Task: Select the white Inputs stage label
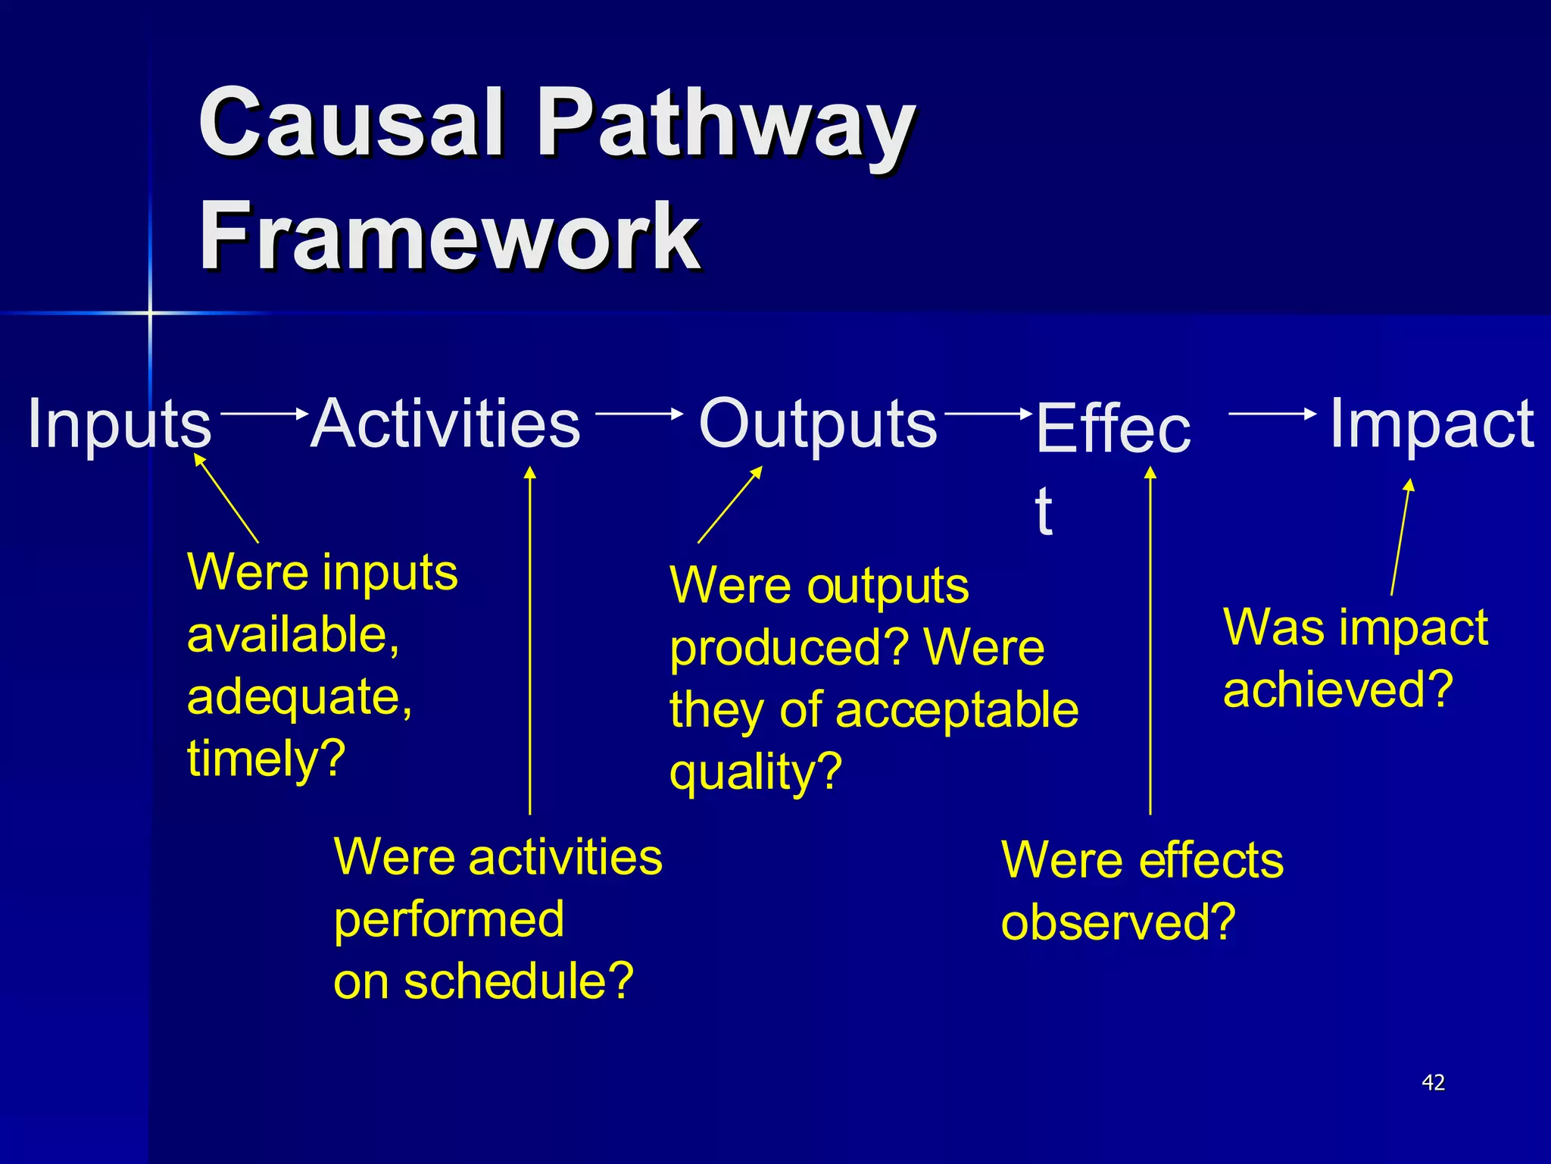pyautogui.click(x=119, y=424)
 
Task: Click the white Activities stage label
pyautogui.click(x=445, y=424)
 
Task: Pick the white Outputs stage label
pyautogui.click(x=817, y=424)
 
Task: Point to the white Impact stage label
pyautogui.click(x=1431, y=424)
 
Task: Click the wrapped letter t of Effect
pyautogui.click(x=1044, y=511)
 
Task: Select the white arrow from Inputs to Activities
pyautogui.click(x=264, y=413)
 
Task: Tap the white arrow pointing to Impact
pyautogui.click(x=1272, y=413)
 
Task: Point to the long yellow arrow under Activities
pyautogui.click(x=530, y=644)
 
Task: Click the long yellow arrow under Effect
pyautogui.click(x=1150, y=644)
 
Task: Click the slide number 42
pyautogui.click(x=1433, y=1082)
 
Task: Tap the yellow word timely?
pyautogui.click(x=266, y=759)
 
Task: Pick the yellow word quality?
pyautogui.click(x=755, y=773)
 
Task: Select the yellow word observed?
pyautogui.click(x=1118, y=923)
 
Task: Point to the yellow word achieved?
pyautogui.click(x=1337, y=690)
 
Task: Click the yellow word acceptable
pyautogui.click(x=957, y=711)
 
